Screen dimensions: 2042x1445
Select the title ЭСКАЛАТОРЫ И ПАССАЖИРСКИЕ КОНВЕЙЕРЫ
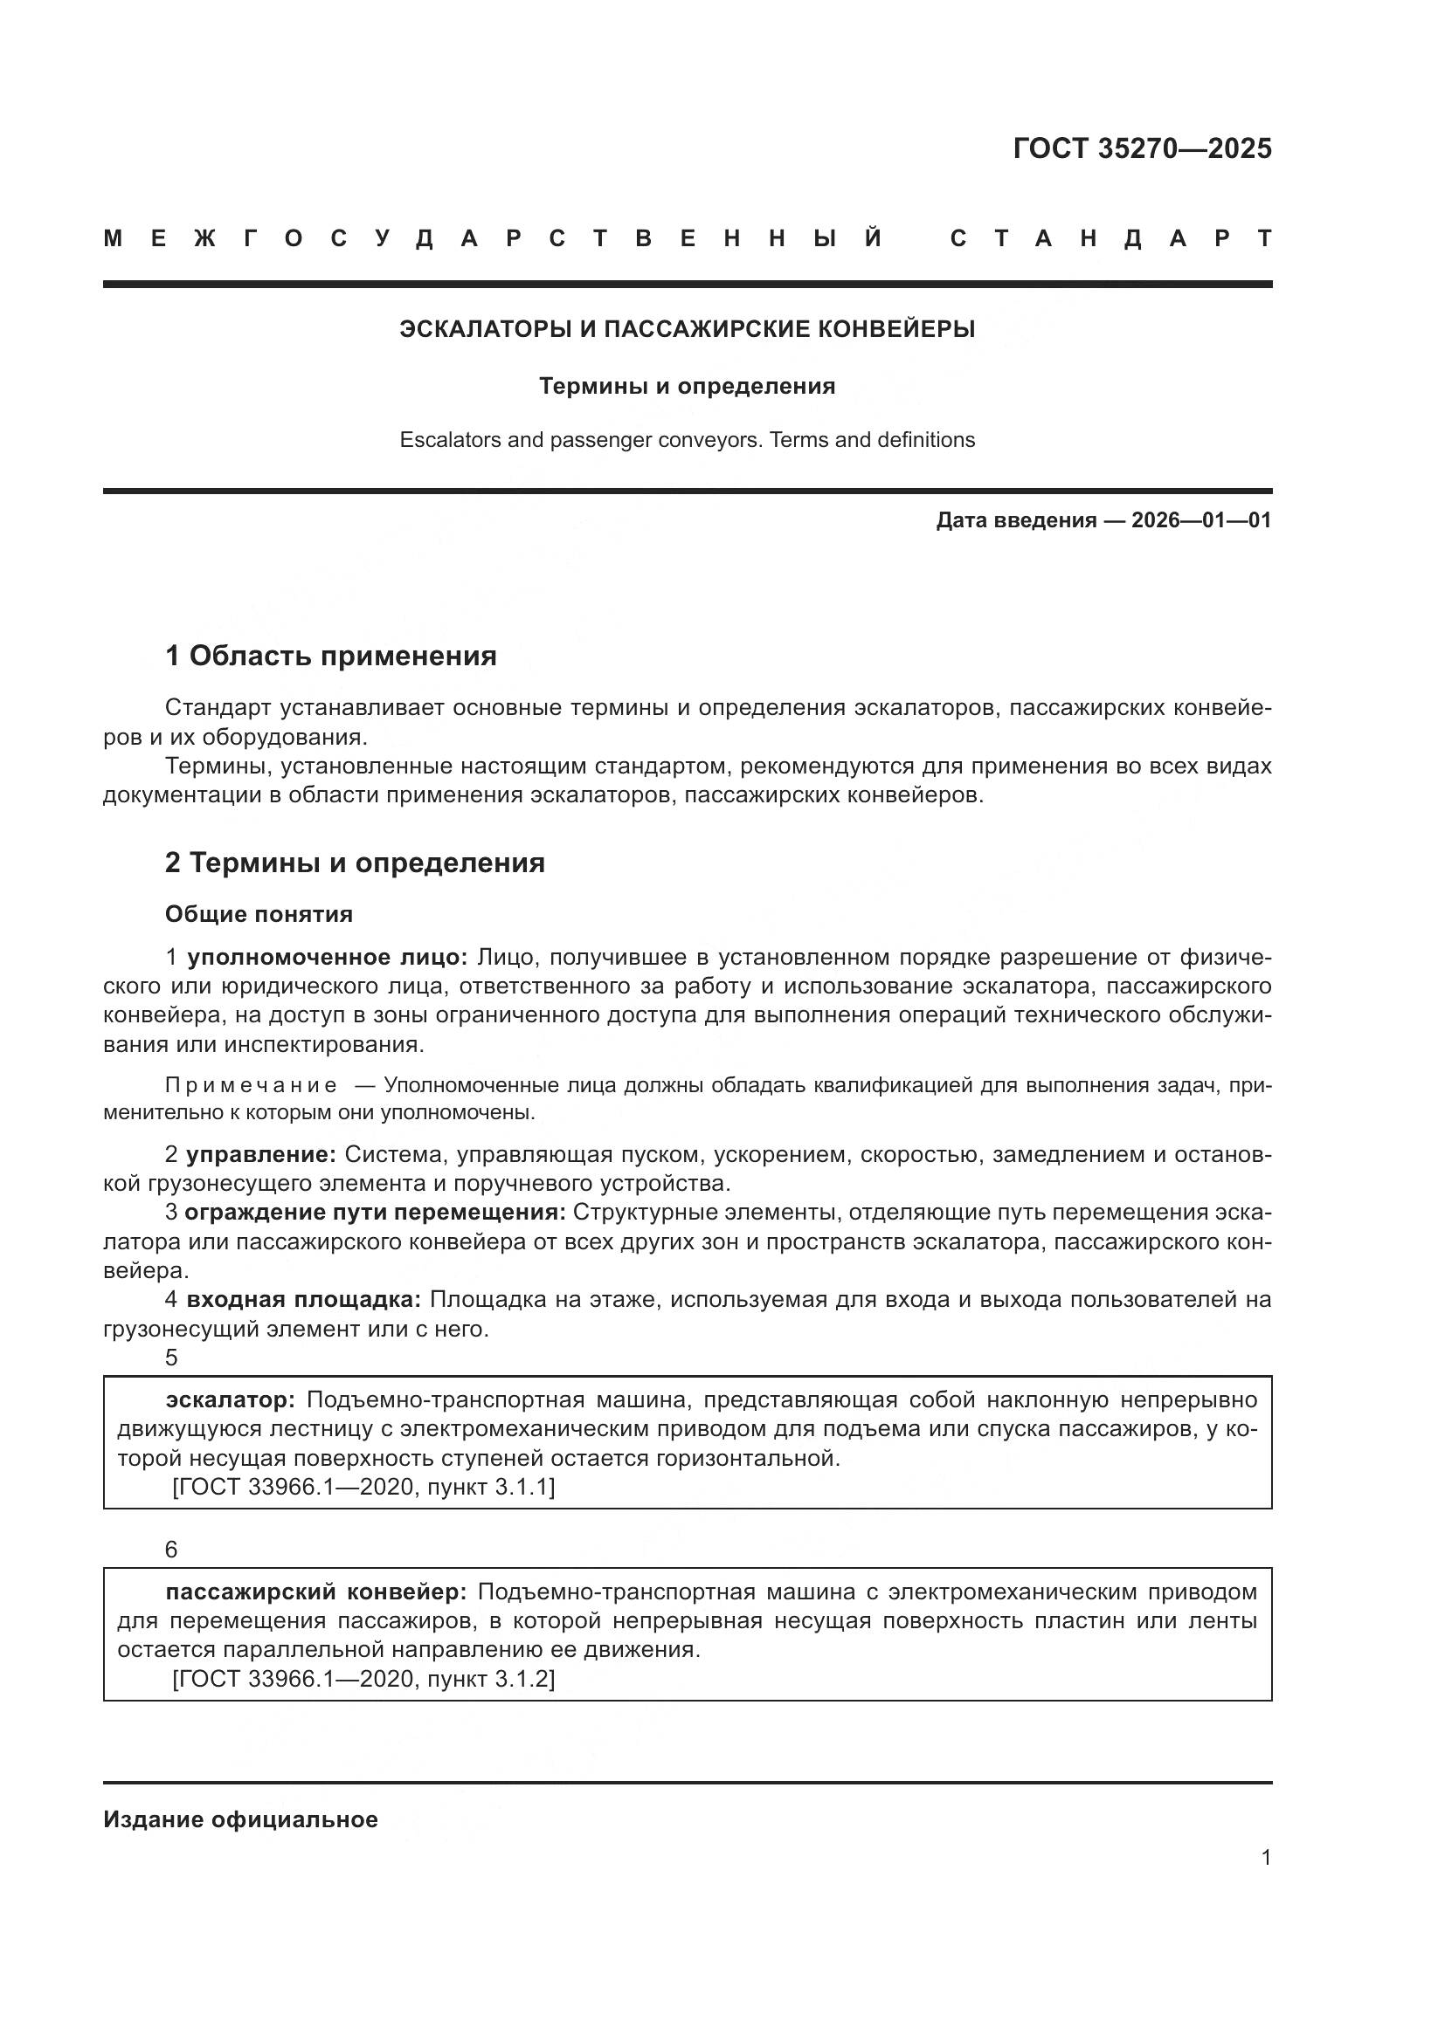point(687,329)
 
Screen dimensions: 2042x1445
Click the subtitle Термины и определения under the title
point(687,386)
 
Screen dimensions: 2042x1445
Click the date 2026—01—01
point(1201,520)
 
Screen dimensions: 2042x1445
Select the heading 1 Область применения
point(330,657)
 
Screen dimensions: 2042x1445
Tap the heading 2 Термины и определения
point(354,863)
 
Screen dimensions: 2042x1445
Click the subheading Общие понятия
point(259,914)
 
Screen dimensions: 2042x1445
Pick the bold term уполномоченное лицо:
point(327,958)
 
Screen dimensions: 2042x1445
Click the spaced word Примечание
point(252,1086)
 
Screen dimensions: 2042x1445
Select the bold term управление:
point(260,1155)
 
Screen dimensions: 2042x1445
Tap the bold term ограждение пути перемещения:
point(375,1214)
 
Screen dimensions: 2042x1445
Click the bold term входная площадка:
point(303,1300)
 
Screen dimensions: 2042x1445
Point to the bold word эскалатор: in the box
point(231,1400)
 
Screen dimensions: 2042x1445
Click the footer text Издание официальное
point(240,1819)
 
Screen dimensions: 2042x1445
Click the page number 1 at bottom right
point(1265,1858)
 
